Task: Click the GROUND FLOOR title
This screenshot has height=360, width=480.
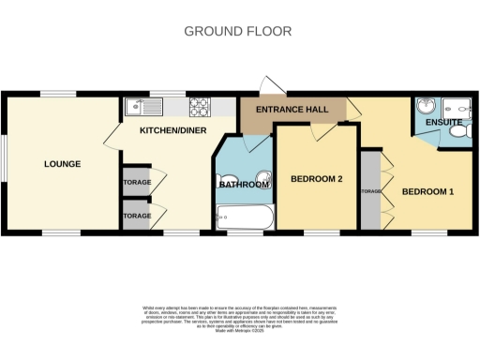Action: tap(237, 31)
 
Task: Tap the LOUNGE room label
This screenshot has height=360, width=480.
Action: tap(62, 164)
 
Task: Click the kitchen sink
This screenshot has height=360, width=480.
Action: tap(137, 107)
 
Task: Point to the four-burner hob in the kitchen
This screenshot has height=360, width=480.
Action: tap(199, 107)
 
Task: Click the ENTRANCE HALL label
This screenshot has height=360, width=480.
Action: tap(292, 111)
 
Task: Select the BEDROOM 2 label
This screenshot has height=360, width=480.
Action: tap(316, 178)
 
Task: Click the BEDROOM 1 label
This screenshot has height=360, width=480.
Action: tap(427, 191)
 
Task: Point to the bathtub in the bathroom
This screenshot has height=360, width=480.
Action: tap(244, 219)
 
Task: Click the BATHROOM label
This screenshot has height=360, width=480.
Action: tap(244, 185)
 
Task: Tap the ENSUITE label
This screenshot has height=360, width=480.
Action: tap(442, 122)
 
